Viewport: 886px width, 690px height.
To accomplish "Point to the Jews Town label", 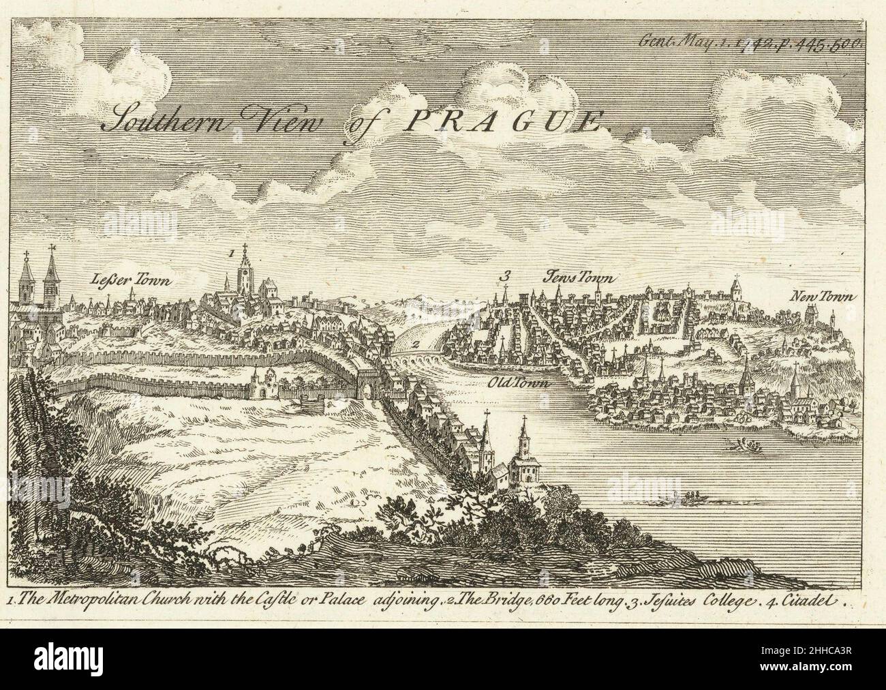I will (x=578, y=277).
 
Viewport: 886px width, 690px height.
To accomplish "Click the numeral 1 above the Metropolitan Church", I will (x=231, y=252).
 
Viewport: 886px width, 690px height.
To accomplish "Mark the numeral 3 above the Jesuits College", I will (x=504, y=276).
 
